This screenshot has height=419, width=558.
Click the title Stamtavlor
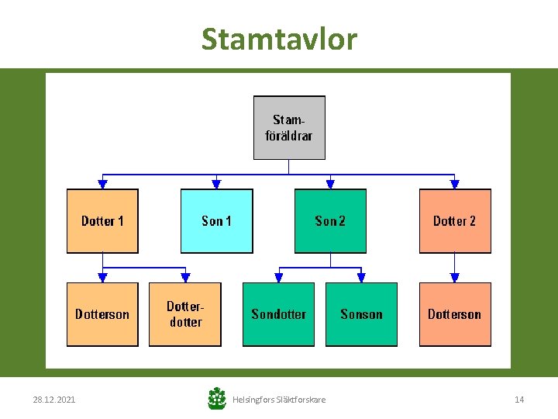coord(279,38)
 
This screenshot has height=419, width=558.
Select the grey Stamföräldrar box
coord(289,127)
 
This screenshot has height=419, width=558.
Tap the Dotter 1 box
coord(102,221)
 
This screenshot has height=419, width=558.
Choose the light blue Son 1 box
coord(216,221)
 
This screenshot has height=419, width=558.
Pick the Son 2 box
coord(330,221)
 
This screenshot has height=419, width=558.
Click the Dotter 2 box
coord(455,221)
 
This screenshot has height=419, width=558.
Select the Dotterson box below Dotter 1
coord(102,314)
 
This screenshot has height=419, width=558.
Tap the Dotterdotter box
coord(185,314)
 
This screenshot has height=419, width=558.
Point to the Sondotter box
coord(278,314)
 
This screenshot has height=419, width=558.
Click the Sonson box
coord(361,314)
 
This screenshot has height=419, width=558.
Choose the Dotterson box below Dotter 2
coord(455,314)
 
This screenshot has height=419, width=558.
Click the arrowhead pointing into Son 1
coord(216,185)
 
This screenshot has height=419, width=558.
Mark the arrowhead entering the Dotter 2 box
coord(455,185)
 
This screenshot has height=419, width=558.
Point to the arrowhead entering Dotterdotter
coord(185,278)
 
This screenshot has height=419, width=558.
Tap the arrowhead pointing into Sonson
coord(361,278)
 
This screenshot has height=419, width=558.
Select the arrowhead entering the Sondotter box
coord(278,278)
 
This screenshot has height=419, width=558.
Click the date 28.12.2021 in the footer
coord(54,400)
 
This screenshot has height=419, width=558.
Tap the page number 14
coord(519,400)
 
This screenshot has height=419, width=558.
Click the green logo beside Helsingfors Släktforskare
coord(217,399)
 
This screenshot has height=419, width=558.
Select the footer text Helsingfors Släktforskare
coord(279,400)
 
